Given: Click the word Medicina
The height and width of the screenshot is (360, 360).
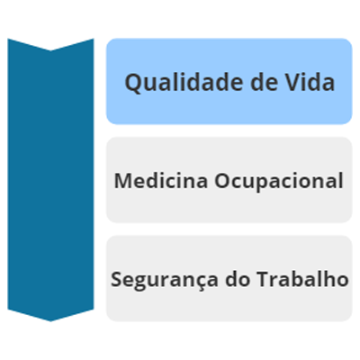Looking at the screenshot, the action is tap(161, 181).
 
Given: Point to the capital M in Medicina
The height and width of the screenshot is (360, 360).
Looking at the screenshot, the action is tap(123, 181).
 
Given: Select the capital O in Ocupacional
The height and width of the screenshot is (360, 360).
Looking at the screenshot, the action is tap(222, 181).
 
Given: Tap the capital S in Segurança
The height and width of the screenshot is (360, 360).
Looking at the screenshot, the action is tap(117, 279).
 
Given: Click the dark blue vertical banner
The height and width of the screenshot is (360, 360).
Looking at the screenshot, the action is tap(50, 180).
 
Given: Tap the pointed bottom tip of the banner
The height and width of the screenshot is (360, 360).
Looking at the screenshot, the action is tap(50, 321).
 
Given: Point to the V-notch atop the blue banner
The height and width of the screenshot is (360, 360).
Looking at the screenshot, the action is tap(50, 50).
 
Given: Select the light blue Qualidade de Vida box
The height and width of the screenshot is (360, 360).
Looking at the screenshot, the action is tap(229, 81).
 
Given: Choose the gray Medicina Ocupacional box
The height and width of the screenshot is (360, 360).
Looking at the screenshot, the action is tap(229, 180).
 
